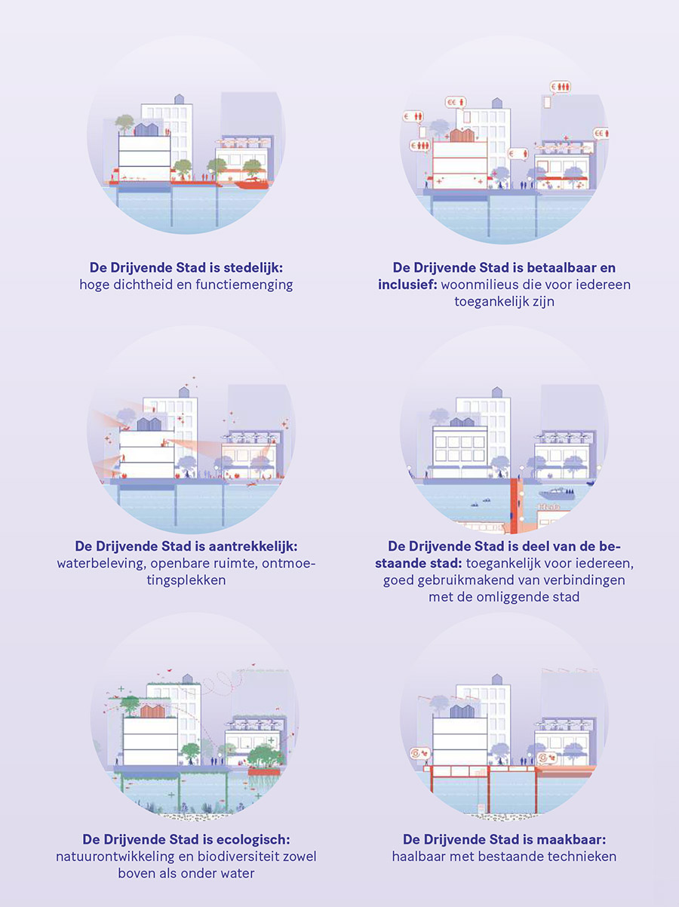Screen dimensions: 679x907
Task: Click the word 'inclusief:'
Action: pos(407,284)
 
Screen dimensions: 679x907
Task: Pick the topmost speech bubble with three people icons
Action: pos(561,88)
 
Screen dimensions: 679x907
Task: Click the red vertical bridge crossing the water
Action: pos(515,506)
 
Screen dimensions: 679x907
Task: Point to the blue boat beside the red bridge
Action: pos(556,493)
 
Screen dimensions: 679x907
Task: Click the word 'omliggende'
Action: pos(508,597)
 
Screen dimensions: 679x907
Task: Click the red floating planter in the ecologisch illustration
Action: pos(264,771)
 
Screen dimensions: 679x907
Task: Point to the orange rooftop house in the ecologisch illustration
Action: pos(152,711)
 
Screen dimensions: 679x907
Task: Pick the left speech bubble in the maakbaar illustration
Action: pos(420,753)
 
